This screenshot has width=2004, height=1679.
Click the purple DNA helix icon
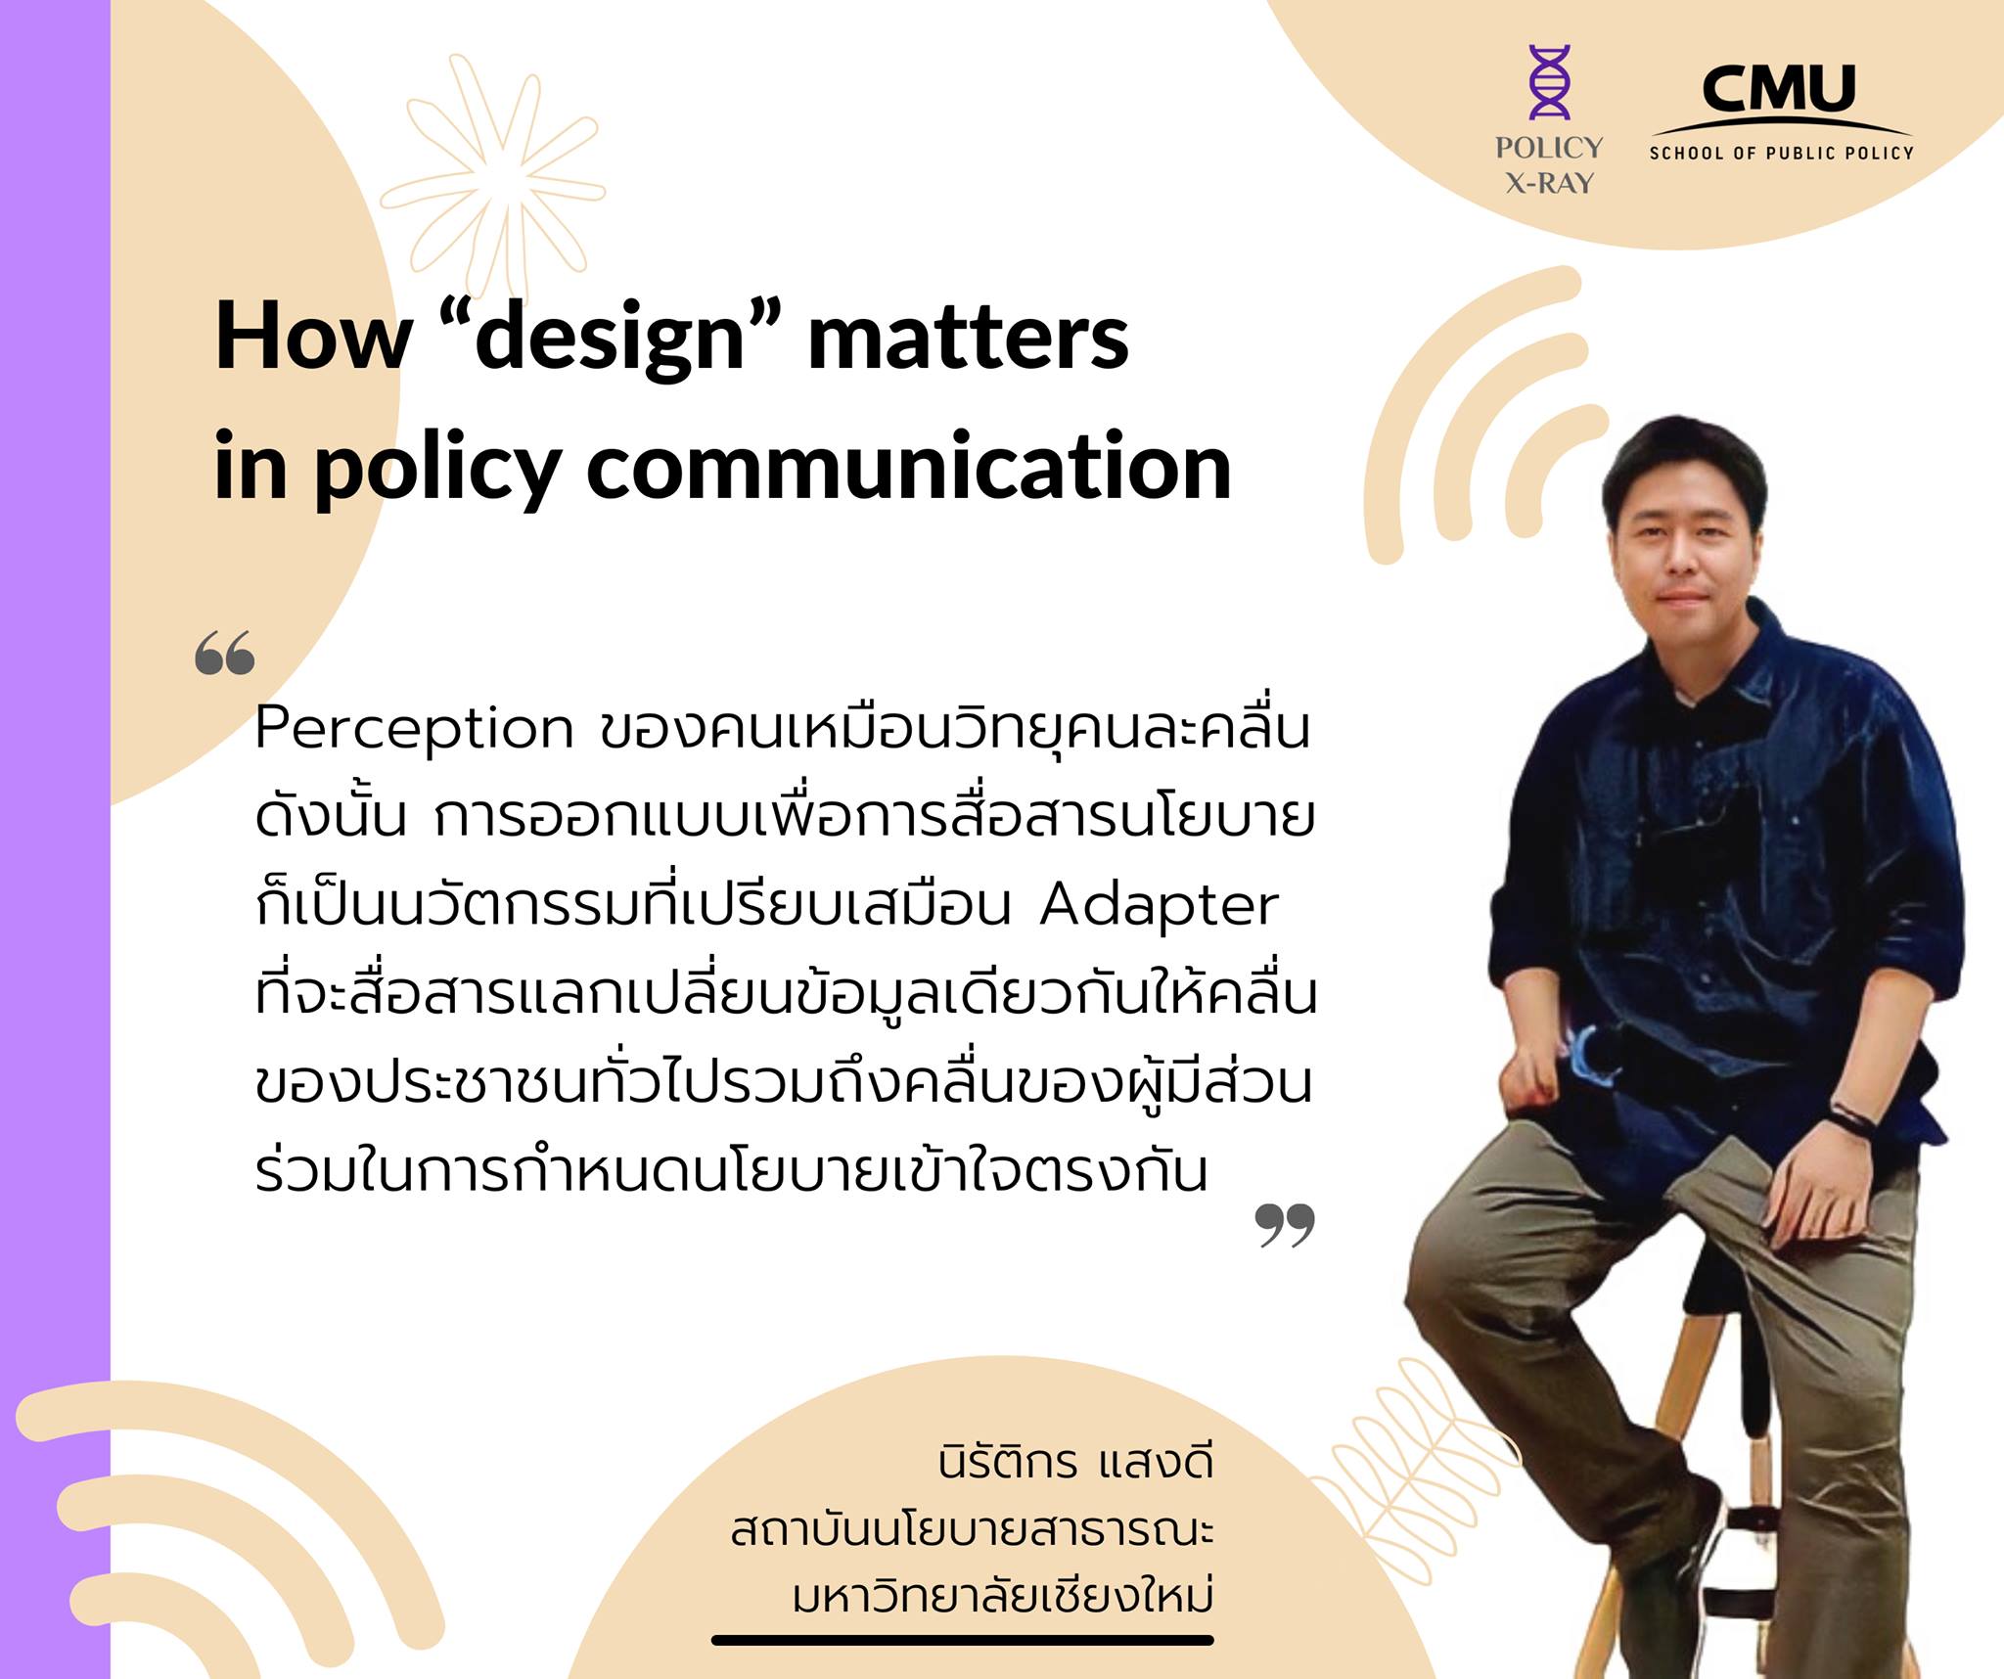[x=1550, y=82]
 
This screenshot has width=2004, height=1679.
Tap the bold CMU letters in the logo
[x=1779, y=90]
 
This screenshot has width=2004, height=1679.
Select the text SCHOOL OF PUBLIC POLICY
[x=1781, y=153]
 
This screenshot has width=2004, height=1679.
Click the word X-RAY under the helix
[x=1550, y=183]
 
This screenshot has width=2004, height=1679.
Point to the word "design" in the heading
[x=612, y=338]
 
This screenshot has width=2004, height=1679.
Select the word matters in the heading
[x=968, y=338]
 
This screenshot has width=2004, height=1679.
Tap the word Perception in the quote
[x=414, y=730]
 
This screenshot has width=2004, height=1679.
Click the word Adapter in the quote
[x=1159, y=905]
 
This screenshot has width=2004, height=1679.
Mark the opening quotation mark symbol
[x=224, y=654]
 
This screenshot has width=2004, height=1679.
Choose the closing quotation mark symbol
[x=1285, y=1225]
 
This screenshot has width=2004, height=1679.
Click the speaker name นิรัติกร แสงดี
[x=1074, y=1463]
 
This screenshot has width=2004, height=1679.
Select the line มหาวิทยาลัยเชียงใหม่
[x=1002, y=1596]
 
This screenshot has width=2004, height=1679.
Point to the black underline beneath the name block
[x=962, y=1640]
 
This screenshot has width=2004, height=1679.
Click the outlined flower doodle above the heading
[x=494, y=176]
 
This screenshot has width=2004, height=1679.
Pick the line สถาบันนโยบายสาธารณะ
[x=972, y=1529]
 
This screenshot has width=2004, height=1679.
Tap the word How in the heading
[x=313, y=338]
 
